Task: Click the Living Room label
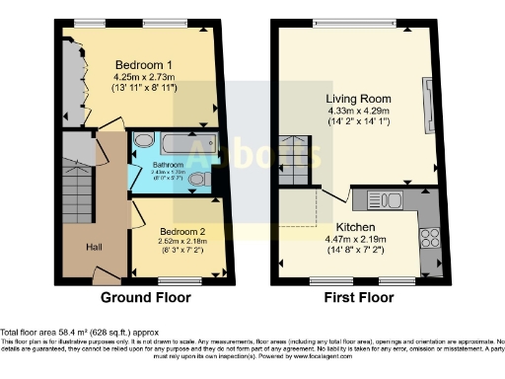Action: pyautogui.click(x=358, y=100)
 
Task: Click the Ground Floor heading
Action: pyautogui.click(x=143, y=295)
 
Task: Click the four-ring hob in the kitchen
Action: pyautogui.click(x=430, y=236)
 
